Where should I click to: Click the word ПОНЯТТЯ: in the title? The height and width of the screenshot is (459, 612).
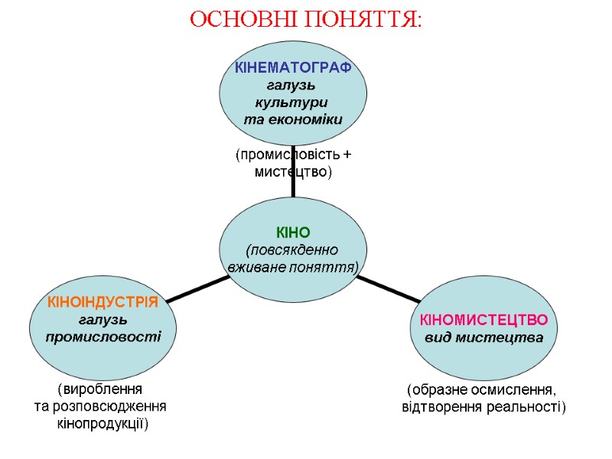pyautogui.click(x=363, y=19)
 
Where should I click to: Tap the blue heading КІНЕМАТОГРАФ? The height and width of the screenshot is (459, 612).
pyautogui.click(x=293, y=68)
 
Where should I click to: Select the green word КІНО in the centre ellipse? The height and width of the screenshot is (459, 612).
pyautogui.click(x=293, y=233)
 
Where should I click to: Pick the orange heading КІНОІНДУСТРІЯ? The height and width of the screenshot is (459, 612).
pyautogui.click(x=103, y=302)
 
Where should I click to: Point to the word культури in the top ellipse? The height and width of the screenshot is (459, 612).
pyautogui.click(x=292, y=102)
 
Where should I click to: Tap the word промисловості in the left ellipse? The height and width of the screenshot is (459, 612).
pyautogui.click(x=103, y=337)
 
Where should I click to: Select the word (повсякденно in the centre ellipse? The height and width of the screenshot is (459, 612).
pyautogui.click(x=291, y=250)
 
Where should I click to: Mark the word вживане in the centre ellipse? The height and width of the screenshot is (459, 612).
pyautogui.click(x=256, y=268)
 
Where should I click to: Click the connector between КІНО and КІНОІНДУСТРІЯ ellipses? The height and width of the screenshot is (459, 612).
pyautogui.click(x=197, y=288)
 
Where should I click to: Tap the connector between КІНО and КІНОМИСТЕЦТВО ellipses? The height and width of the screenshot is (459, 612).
pyautogui.click(x=388, y=288)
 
